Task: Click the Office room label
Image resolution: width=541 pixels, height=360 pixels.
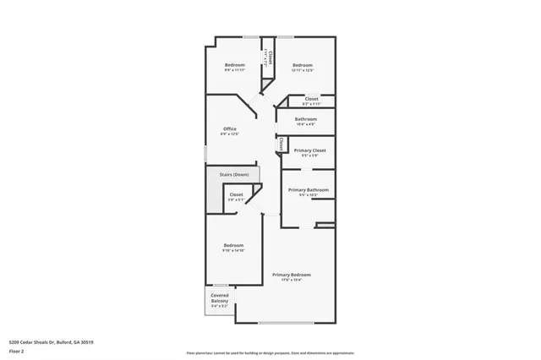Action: click(229, 128)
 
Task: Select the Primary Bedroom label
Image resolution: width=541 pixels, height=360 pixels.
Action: click(291, 275)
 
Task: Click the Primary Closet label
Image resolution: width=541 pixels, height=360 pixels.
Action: click(309, 150)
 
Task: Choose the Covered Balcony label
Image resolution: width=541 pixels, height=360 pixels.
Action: click(219, 298)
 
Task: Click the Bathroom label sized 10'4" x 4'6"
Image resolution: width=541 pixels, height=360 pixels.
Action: click(306, 119)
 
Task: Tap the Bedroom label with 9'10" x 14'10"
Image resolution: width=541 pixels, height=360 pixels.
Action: click(233, 245)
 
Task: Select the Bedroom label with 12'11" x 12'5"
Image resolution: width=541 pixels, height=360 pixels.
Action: click(303, 65)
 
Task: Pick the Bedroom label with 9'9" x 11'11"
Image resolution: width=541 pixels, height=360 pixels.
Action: click(234, 65)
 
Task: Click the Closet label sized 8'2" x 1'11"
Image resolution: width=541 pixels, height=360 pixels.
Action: click(311, 98)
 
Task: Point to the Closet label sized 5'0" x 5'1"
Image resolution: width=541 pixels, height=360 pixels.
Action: click(236, 194)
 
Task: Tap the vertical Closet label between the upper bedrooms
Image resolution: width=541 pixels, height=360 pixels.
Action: click(270, 57)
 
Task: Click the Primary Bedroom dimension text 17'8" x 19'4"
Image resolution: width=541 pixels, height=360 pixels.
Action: click(291, 281)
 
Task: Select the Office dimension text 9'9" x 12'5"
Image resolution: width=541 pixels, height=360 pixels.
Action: click(229, 134)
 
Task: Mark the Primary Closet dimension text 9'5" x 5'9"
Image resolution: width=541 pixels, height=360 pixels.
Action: click(309, 155)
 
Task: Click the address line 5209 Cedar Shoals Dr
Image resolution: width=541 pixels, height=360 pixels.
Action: click(52, 342)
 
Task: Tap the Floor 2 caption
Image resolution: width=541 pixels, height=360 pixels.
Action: click(17, 350)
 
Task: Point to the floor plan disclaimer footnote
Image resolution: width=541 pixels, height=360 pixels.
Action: click(270, 352)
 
